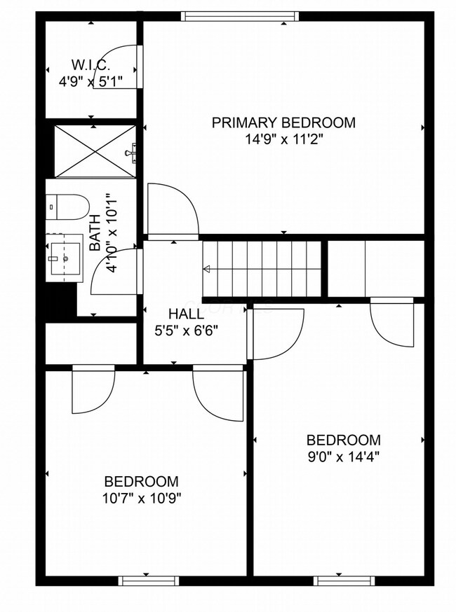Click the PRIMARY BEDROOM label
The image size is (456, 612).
pos(283,123)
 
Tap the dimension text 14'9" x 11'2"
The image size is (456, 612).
pos(283,139)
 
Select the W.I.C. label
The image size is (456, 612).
pos(90,64)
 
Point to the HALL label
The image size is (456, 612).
pos(186,314)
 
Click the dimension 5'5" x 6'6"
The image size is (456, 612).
pos(186,331)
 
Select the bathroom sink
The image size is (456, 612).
pos(65,257)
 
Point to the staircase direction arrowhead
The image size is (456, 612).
pos(207,269)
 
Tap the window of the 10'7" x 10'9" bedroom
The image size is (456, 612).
pos(148,580)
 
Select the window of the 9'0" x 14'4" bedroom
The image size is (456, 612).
pos(344,580)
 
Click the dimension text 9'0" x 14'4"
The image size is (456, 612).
pos(344,457)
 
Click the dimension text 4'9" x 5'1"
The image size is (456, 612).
pos(90,81)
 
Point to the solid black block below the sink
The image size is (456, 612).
pos(60,300)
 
